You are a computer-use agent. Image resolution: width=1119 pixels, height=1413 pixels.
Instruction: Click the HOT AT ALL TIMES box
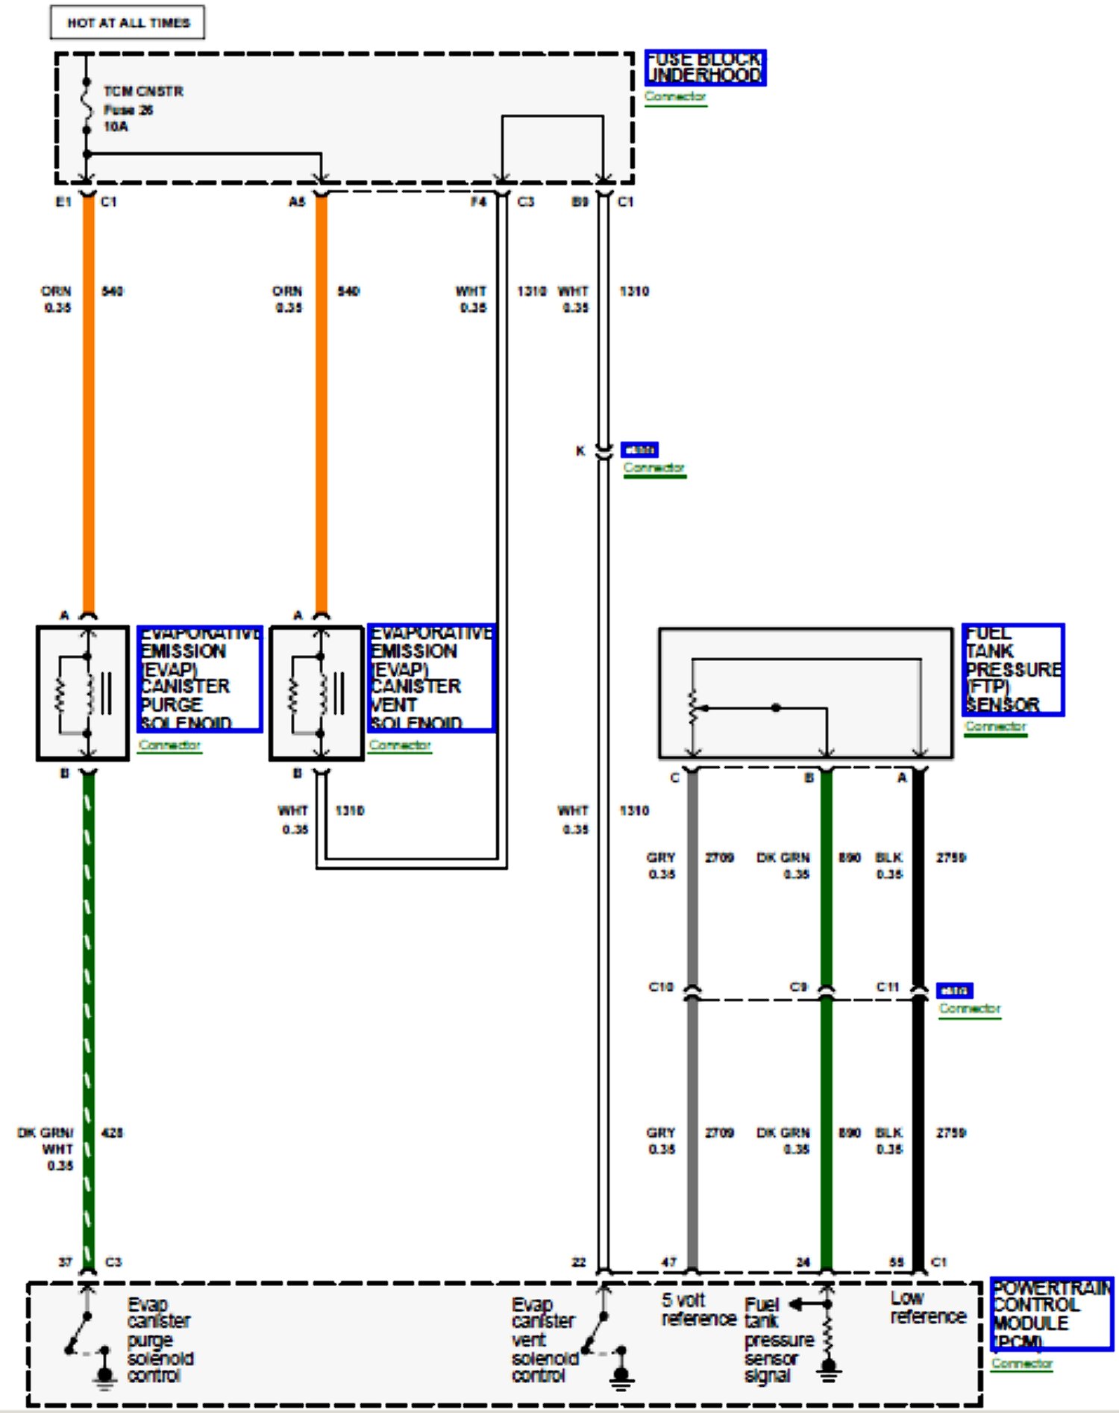pyautogui.click(x=128, y=23)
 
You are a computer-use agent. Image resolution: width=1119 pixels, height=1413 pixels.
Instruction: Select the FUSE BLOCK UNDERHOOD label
pyautogui.click(x=705, y=68)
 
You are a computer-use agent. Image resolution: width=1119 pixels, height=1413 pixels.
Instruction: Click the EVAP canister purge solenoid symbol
pyautogui.click(x=83, y=694)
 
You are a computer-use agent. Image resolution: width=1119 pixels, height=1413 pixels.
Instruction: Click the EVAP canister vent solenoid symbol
pyautogui.click(x=316, y=694)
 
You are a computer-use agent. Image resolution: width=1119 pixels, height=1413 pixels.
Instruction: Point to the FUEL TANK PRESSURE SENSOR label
pyautogui.click(x=1012, y=670)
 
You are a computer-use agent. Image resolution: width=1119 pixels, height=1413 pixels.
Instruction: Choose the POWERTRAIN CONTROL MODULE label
pyautogui.click(x=1051, y=1314)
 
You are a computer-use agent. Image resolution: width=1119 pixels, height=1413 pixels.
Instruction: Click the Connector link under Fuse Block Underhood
pyautogui.click(x=675, y=97)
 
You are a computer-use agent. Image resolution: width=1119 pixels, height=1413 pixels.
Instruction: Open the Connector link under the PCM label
pyautogui.click(x=1021, y=1363)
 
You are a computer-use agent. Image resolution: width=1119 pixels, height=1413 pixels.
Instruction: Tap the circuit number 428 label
pyautogui.click(x=112, y=1132)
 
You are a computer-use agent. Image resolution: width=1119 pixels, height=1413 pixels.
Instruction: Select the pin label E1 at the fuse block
pyautogui.click(x=63, y=202)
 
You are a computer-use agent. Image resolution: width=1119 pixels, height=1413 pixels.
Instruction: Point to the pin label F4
pyautogui.click(x=478, y=202)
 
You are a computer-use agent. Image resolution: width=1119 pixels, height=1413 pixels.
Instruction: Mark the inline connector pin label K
pyautogui.click(x=580, y=451)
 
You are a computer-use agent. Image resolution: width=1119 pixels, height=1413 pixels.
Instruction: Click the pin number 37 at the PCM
pyautogui.click(x=66, y=1262)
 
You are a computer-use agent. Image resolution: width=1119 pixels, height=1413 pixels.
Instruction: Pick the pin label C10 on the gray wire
pyautogui.click(x=660, y=987)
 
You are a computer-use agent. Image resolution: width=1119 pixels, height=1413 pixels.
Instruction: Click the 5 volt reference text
pyautogui.click(x=698, y=1309)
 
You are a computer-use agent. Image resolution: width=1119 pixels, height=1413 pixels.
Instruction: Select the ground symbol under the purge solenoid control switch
pyautogui.click(x=105, y=1376)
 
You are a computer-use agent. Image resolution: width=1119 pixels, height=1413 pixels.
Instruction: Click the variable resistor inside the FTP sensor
pyautogui.click(x=694, y=707)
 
